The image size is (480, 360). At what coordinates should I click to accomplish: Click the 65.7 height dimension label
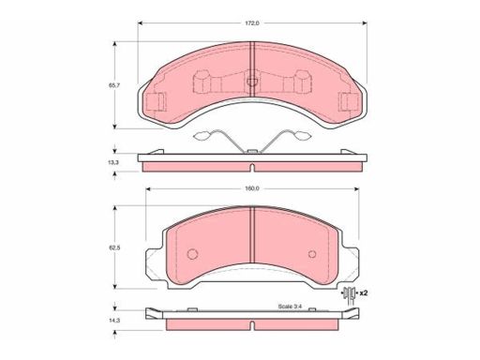tap(114, 85)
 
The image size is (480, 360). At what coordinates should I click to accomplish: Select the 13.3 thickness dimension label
tap(114, 162)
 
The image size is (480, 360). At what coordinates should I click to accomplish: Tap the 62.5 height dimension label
tap(114, 247)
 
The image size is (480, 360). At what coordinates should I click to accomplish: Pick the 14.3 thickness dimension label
tap(114, 321)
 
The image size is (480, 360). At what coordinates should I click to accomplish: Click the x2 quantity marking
tap(363, 293)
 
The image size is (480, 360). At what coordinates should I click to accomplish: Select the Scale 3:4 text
tap(290, 307)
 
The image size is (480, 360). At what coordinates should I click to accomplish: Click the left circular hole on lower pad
tap(192, 253)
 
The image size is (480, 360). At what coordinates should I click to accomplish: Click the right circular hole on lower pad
tap(312, 254)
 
